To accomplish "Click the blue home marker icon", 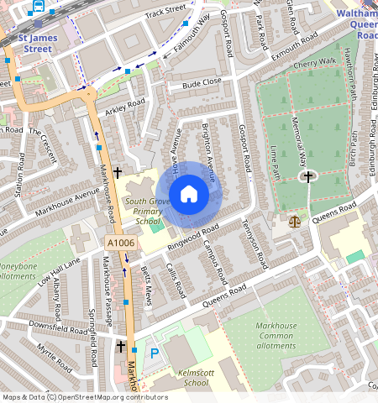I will click(189, 194).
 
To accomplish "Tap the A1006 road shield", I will click(120, 243).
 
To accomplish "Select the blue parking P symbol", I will click(154, 354).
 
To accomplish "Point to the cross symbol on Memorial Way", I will click(308, 176).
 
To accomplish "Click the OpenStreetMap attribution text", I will click(84, 397).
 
